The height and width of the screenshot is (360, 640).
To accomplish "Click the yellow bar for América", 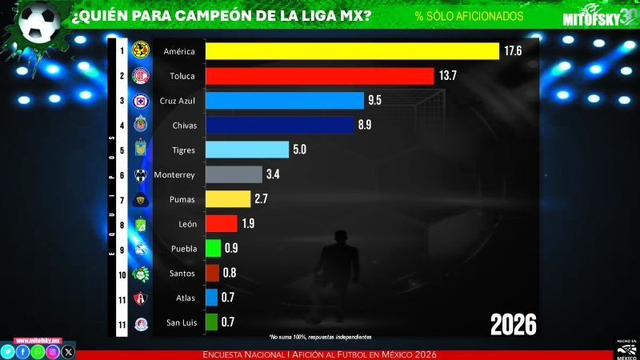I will coord(352,51).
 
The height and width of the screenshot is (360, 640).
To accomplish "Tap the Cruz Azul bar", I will coord(285,101).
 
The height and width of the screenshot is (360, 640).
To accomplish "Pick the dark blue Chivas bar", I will coord(280,126).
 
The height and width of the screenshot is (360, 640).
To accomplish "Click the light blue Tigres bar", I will coord(247,150).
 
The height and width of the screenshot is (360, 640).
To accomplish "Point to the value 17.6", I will coord(513,51).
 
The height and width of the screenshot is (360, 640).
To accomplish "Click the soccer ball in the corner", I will coord(35,22).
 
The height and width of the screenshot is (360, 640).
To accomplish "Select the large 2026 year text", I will coord(513,324).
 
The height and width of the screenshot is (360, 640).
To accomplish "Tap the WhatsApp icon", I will coord(38,351).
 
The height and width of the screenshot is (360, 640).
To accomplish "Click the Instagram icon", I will coord(53,351).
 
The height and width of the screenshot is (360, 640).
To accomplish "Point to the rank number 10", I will coord(122,274).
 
